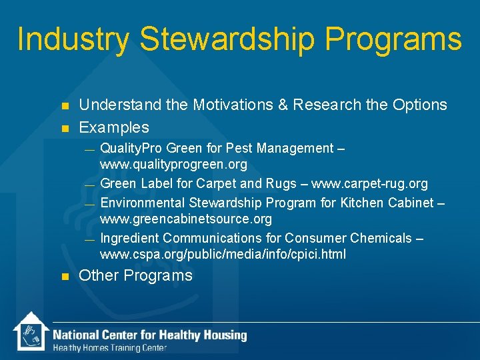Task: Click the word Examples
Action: point(114,127)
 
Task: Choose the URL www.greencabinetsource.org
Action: point(186,219)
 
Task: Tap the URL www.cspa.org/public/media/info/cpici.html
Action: point(223,255)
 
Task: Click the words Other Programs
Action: point(135,275)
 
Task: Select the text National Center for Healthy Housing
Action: point(150,335)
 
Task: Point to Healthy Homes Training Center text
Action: point(110,347)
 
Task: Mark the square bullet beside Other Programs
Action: point(65,276)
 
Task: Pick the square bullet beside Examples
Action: point(65,127)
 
